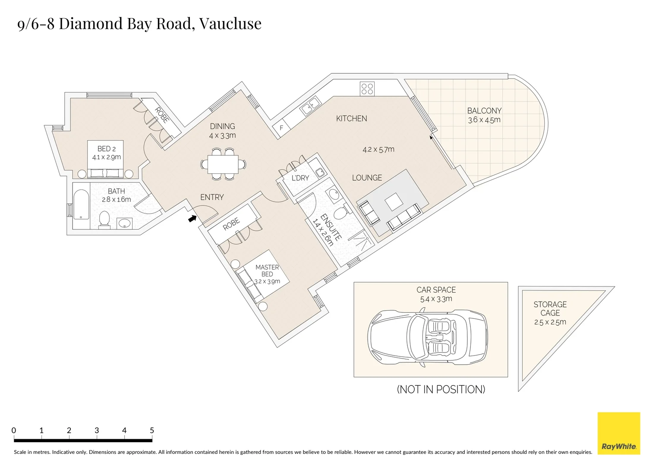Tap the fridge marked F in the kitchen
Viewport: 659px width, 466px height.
(281, 128)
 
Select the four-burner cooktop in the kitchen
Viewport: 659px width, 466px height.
(367, 89)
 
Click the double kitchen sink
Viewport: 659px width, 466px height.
(310, 106)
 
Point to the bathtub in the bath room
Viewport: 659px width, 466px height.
(81, 206)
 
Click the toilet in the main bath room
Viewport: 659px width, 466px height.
(104, 219)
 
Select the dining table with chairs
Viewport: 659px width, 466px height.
(223, 164)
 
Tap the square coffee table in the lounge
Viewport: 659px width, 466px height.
(393, 202)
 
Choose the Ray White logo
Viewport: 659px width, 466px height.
(618, 433)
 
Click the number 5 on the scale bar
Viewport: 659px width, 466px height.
(151, 430)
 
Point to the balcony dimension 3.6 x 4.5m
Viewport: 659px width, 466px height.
(484, 120)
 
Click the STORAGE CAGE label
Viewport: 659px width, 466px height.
(550, 309)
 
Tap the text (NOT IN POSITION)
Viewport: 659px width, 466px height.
(441, 389)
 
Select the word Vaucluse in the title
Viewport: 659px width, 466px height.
(230, 23)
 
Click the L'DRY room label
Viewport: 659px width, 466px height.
(300, 178)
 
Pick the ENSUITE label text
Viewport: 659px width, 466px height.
(331, 227)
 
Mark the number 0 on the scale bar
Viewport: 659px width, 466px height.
(14, 430)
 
